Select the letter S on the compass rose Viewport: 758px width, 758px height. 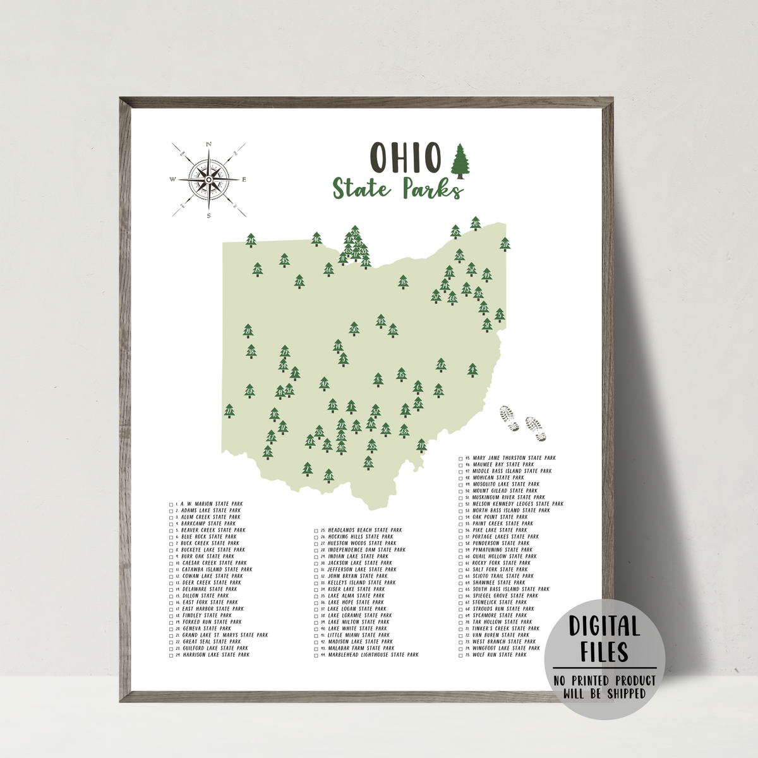pyautogui.click(x=208, y=215)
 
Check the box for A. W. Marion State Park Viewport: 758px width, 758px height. pyautogui.click(x=171, y=504)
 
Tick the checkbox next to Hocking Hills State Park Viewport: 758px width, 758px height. pyautogui.click(x=316, y=537)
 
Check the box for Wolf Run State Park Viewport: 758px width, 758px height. pyautogui.click(x=460, y=655)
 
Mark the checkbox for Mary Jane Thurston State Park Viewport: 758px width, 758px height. pyautogui.click(x=460, y=458)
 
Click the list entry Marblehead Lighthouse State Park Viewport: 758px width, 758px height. pyautogui.click(x=373, y=655)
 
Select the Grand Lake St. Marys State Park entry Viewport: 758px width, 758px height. pyautogui.click(x=225, y=635)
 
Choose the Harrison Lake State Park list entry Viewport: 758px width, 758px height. pyautogui.click(x=215, y=655)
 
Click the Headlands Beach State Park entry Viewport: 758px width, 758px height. pyautogui.click(x=365, y=531)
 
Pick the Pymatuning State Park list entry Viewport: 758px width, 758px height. pyautogui.click(x=502, y=550)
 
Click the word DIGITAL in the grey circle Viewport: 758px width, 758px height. pyautogui.click(x=605, y=627)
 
